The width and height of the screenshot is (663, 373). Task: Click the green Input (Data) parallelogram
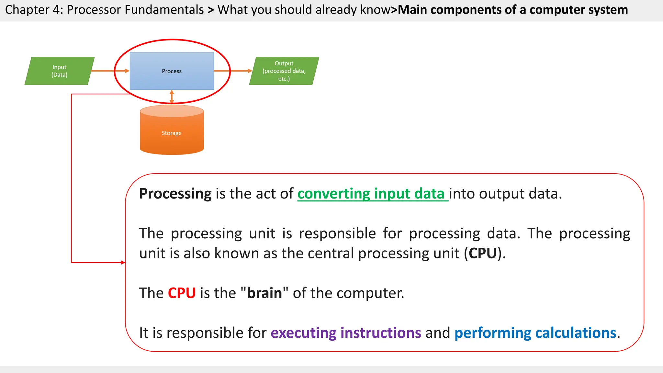pyautogui.click(x=60, y=71)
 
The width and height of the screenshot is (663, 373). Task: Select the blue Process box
pyautogui.click(x=172, y=71)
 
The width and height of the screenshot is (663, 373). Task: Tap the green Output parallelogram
pyautogui.click(x=284, y=71)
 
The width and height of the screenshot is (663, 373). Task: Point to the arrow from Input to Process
pyautogui.click(x=110, y=71)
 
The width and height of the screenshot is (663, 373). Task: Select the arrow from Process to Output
pyautogui.click(x=233, y=71)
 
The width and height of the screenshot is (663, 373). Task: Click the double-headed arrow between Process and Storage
pyautogui.click(x=172, y=97)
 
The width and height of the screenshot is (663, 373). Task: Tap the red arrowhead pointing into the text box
pyautogui.click(x=123, y=263)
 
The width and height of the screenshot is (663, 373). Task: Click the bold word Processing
pyautogui.click(x=175, y=194)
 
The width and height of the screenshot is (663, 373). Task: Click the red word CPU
pyautogui.click(x=182, y=293)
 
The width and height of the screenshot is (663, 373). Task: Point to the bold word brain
pyautogui.click(x=264, y=293)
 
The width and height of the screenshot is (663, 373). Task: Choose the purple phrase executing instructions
pyautogui.click(x=346, y=333)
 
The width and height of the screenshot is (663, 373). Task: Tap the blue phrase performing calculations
pyautogui.click(x=535, y=333)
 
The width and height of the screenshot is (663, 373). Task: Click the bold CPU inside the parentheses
pyautogui.click(x=483, y=253)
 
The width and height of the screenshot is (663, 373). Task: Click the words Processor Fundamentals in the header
pyautogui.click(x=135, y=10)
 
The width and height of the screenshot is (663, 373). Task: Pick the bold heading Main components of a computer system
pyautogui.click(x=513, y=10)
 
